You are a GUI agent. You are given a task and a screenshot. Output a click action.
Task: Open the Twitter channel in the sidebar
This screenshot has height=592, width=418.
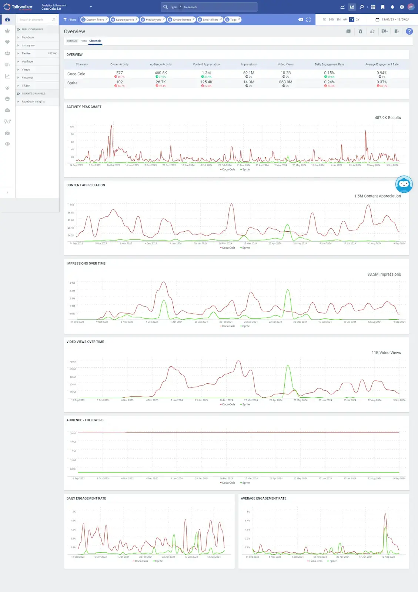26,53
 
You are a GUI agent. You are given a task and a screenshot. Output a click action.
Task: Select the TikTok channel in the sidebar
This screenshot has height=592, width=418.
26,85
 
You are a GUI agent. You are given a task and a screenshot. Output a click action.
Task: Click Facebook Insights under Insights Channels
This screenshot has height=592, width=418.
33,101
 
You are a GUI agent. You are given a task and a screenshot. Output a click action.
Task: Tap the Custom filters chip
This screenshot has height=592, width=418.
94,20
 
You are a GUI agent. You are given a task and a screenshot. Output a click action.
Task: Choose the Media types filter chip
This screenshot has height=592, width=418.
153,20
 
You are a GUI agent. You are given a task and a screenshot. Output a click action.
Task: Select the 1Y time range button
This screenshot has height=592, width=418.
351,20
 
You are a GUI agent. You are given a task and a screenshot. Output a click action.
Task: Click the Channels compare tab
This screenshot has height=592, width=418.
95,41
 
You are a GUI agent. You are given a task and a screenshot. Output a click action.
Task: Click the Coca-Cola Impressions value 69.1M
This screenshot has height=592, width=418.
248,73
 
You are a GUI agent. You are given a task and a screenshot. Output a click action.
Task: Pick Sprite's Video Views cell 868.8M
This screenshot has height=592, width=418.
285,82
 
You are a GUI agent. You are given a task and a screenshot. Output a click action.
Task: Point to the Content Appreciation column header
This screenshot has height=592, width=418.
206,64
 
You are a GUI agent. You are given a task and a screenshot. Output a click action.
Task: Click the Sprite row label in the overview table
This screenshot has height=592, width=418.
73,83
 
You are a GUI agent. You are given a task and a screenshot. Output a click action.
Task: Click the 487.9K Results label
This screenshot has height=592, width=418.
388,118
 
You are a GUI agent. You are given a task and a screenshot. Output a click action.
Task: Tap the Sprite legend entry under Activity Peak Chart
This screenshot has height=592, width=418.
245,169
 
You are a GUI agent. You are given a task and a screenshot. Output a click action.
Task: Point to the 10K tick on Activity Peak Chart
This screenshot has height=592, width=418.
72,127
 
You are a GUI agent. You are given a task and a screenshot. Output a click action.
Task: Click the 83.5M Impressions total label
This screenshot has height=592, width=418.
384,275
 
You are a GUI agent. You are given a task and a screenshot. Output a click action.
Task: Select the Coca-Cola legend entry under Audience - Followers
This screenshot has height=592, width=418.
227,483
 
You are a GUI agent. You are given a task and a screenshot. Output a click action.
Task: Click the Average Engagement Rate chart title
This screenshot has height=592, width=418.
263,498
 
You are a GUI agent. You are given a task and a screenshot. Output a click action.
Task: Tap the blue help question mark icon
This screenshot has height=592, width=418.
409,31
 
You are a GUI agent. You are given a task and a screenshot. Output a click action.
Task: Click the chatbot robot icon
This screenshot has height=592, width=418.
404,184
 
